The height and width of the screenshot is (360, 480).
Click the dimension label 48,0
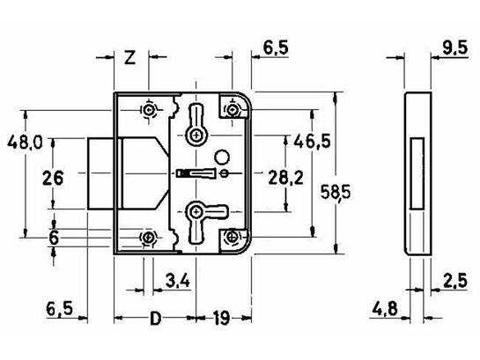pyautogui.click(x=26, y=143)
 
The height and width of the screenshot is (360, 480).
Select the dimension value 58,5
pyautogui.click(x=336, y=193)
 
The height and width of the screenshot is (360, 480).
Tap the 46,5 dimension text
pyautogui.click(x=312, y=142)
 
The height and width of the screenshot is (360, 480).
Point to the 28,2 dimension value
pyautogui.click(x=285, y=178)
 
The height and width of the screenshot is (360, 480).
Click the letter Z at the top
pyautogui.click(x=130, y=57)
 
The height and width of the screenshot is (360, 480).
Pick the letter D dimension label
pyautogui.click(x=156, y=319)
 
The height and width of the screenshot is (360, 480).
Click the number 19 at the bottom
pyautogui.click(x=221, y=319)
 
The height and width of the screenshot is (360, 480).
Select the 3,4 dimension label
pyautogui.click(x=178, y=281)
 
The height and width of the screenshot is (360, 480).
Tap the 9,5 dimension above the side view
pyautogui.click(x=454, y=48)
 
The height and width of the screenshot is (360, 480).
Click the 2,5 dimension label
pyautogui.click(x=455, y=281)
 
